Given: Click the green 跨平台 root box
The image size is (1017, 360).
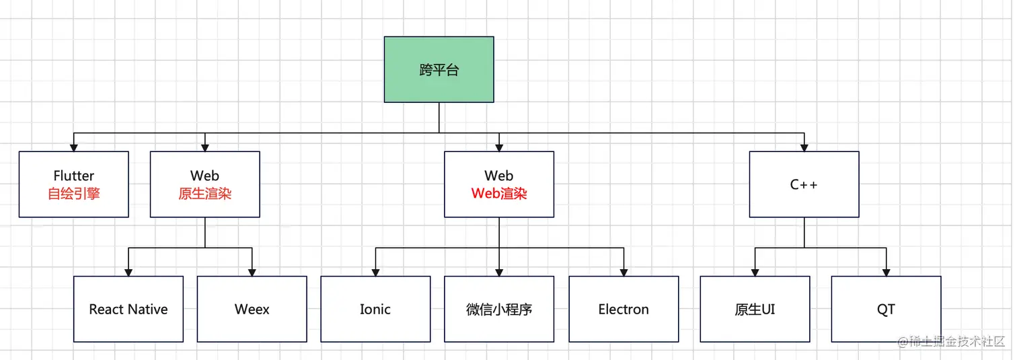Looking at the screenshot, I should pos(439,69).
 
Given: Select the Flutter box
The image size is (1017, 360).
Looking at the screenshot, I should pos(74,184).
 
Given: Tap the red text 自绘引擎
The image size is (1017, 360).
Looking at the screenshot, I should pos(74,194).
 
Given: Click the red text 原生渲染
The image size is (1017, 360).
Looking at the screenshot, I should pos(205,194).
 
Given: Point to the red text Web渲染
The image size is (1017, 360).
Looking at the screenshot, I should pos(499,194).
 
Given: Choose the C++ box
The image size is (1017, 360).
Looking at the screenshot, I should pos(804,184).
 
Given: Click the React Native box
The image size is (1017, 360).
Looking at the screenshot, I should pos(128,309).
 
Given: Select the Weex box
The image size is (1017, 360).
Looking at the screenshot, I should pos(252,309).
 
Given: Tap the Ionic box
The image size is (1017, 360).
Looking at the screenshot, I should pos(375,309).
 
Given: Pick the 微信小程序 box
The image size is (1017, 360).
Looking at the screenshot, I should pos(499,309).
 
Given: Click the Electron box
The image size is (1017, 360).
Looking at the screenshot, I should pos(624,309).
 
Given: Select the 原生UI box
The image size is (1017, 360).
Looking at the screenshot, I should pos(755,309).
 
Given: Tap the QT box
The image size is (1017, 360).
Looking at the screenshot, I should pos(886,309).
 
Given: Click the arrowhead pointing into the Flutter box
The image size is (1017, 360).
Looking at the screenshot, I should pos(74,147).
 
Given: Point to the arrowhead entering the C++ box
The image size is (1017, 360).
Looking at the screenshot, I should pos(804,147).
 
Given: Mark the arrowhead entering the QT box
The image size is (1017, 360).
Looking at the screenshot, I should pos(886,271).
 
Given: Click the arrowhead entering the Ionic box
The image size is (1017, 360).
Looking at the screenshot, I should pos(375,271).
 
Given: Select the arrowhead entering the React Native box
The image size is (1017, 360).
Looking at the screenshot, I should pos(128,271).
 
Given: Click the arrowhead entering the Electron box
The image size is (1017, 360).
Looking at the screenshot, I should pos(624,271).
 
